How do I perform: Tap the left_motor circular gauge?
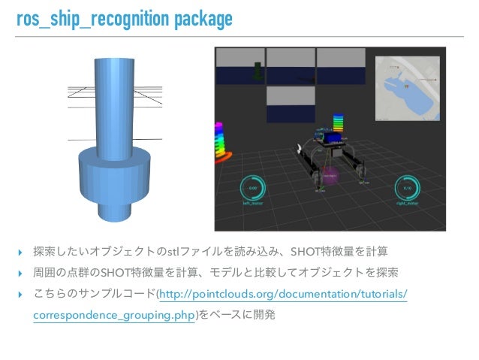253,190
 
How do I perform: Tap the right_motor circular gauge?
406,190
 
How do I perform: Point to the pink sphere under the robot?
330,174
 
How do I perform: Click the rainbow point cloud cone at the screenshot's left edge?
223,147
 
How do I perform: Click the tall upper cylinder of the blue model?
113,98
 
